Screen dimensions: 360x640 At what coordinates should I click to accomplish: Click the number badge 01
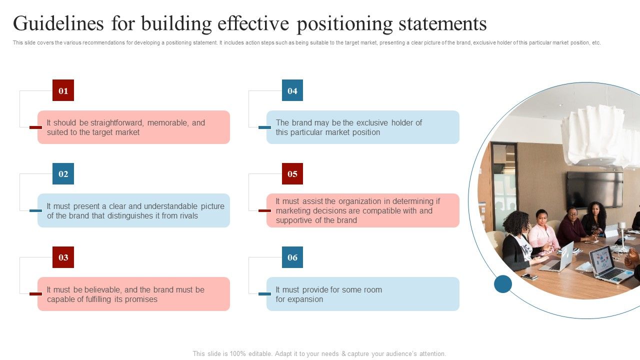pos(63,90)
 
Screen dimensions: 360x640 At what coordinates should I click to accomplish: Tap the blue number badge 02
pos(63,174)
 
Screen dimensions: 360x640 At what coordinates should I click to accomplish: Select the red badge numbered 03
pos(63,257)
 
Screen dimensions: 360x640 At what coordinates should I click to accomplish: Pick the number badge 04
pos(292,90)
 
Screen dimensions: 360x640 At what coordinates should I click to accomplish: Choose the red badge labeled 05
pos(292,174)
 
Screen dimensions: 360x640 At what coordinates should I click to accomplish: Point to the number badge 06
pos(292,257)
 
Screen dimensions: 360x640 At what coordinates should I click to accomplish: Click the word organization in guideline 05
pos(363,201)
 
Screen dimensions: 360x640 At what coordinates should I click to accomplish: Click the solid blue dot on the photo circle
pos(503,284)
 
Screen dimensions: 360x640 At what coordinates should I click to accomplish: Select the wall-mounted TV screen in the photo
pos(594,189)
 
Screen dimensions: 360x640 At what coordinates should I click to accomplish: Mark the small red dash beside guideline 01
pos(35,127)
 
